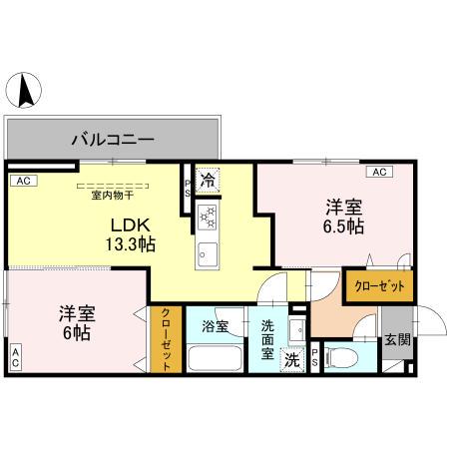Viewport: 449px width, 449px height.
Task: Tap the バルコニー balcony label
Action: tap(112, 139)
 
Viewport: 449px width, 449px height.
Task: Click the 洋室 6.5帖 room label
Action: tap(342, 217)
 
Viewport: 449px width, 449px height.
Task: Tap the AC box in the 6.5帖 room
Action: tap(379, 172)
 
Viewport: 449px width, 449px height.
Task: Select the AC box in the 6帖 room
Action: tap(16, 356)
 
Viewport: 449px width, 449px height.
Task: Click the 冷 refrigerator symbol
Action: tap(208, 182)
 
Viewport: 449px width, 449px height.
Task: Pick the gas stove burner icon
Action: tap(209, 215)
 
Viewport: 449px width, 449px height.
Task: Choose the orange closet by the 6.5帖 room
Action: tap(379, 285)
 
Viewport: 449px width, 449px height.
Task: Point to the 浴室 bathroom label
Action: tap(215, 326)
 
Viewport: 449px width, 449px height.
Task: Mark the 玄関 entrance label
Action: tap(396, 339)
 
